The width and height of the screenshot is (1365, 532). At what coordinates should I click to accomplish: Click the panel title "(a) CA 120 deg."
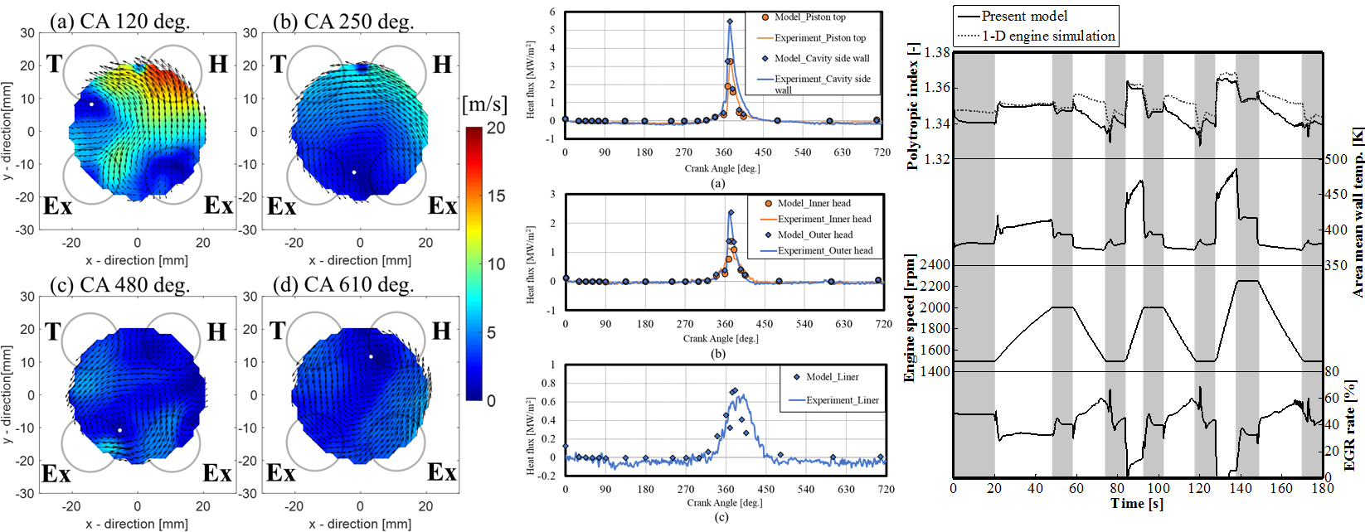click(119, 21)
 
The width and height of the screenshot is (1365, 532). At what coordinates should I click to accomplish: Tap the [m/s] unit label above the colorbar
click(484, 104)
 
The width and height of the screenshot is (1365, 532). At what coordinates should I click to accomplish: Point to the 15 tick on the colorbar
click(496, 196)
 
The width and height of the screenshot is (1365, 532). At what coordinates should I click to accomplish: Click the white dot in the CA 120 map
click(91, 104)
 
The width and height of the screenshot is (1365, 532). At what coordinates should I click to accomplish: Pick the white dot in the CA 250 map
click(354, 172)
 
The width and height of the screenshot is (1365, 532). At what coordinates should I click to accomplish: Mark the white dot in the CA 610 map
click(371, 357)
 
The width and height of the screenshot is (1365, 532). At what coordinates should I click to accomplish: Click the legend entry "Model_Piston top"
click(809, 17)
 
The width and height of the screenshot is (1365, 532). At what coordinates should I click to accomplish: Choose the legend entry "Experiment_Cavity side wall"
click(822, 84)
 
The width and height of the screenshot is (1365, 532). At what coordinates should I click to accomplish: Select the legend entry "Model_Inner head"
click(814, 203)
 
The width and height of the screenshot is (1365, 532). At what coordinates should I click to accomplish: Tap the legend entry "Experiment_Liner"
click(842, 400)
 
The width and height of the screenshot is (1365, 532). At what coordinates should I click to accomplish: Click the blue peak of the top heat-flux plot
click(730, 22)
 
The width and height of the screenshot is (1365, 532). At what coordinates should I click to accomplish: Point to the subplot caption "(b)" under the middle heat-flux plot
click(718, 354)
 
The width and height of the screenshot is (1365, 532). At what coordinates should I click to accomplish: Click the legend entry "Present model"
click(1024, 16)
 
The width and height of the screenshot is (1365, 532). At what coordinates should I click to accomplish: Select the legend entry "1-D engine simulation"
click(1048, 36)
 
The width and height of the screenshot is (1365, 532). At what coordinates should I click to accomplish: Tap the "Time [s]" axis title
click(1136, 504)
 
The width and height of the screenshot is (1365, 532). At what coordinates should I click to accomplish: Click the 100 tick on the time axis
click(1159, 488)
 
